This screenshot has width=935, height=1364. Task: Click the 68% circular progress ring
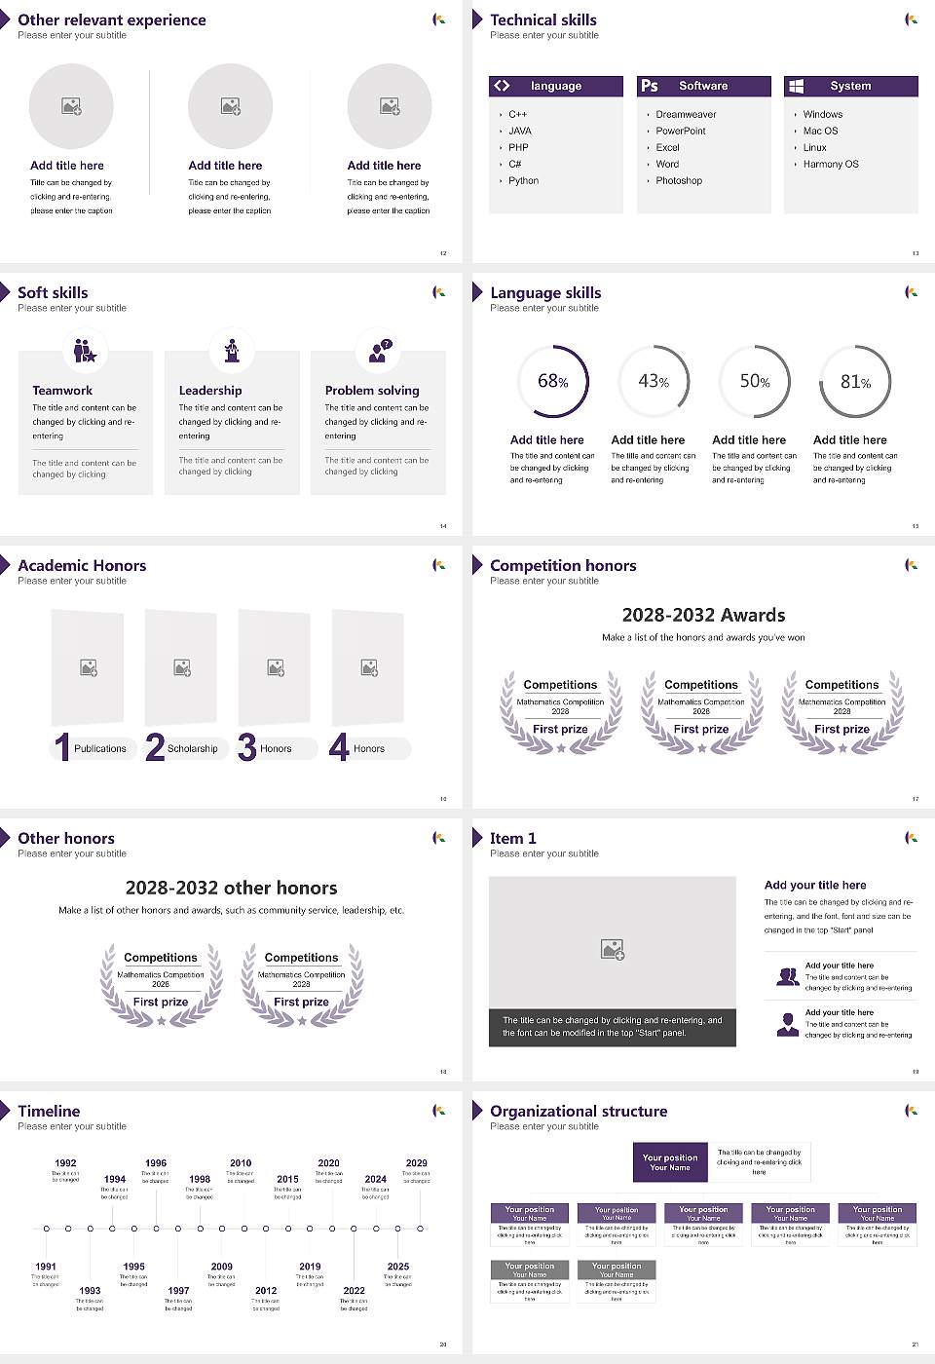click(x=553, y=382)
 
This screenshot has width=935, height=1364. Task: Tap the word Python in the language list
click(x=523, y=180)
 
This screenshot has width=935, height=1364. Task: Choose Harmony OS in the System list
click(x=831, y=164)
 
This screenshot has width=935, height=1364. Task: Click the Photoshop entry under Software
click(x=679, y=180)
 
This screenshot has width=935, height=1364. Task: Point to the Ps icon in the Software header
click(x=650, y=86)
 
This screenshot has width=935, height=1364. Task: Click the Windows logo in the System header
click(x=796, y=86)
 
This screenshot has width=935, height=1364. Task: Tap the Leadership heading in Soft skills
click(x=210, y=390)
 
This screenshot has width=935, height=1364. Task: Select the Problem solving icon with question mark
click(x=379, y=351)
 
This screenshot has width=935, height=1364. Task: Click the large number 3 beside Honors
click(x=247, y=747)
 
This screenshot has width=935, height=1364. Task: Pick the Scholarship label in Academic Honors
click(x=192, y=748)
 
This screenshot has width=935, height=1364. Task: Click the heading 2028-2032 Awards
click(x=703, y=615)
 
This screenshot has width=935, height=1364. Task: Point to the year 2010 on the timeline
click(x=241, y=1162)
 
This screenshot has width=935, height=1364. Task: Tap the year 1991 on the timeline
click(x=46, y=1267)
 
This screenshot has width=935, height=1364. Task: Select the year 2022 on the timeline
click(x=354, y=1290)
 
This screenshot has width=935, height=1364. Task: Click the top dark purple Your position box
click(x=670, y=1162)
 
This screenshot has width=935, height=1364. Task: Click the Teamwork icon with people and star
click(x=85, y=351)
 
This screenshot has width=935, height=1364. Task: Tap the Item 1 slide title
click(x=512, y=838)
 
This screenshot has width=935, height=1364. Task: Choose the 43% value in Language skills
click(x=654, y=382)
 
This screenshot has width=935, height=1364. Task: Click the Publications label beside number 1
click(x=100, y=748)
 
